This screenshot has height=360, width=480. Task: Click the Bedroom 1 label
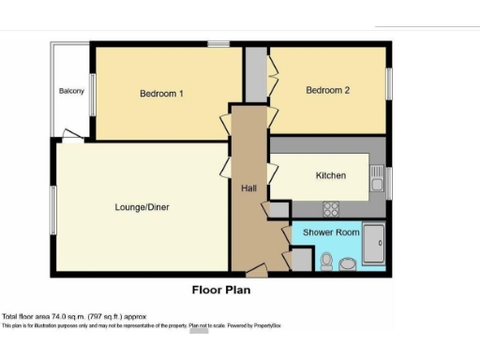(x=161, y=94)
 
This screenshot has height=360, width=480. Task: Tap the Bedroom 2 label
(x=327, y=90)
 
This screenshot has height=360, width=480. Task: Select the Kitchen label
(x=330, y=175)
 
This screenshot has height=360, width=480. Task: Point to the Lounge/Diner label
(x=142, y=207)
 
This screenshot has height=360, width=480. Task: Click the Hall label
(x=248, y=188)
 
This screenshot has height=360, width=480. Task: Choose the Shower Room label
(x=331, y=232)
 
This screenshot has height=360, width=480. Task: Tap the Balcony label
(x=71, y=91)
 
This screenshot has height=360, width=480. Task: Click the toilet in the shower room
(x=326, y=261)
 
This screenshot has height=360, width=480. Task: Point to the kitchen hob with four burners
(x=331, y=208)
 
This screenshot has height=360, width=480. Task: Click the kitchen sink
(x=376, y=175)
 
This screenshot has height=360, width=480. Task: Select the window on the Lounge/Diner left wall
(x=52, y=210)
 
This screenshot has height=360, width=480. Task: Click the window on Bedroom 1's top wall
(x=219, y=44)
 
